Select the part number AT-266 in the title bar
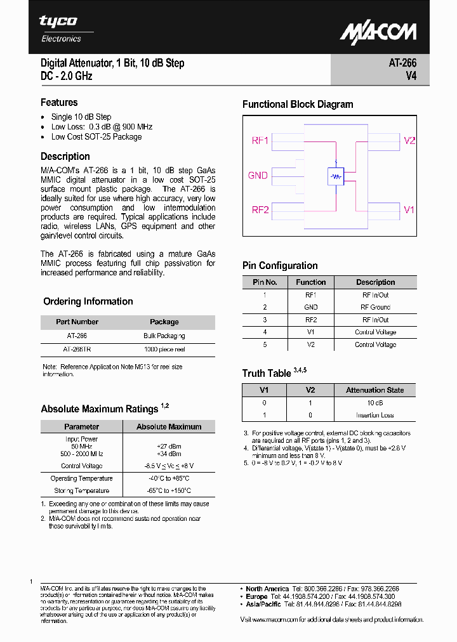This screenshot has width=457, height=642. [x=402, y=63]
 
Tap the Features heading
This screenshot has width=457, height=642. [x=59, y=102]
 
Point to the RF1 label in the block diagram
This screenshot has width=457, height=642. [x=261, y=140]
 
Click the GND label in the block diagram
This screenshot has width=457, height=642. [x=258, y=175]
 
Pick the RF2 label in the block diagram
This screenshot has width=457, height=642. [x=261, y=210]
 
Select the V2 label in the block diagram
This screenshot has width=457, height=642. [x=409, y=140]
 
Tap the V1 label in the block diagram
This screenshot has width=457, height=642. [x=409, y=210]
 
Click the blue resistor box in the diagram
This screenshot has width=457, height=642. [x=336, y=176]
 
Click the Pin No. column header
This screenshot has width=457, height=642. [x=265, y=282]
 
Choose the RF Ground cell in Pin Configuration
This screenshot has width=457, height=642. [x=375, y=307]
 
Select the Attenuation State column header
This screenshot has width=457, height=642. [x=374, y=390]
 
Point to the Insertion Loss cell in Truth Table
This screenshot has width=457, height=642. [x=374, y=415]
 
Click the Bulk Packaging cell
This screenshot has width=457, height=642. [x=164, y=336]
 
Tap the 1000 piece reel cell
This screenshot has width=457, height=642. [x=164, y=348]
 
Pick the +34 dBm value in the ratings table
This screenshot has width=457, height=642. [x=169, y=454]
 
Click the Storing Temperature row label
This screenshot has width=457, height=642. [x=81, y=490]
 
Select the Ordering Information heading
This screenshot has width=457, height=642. [x=88, y=301]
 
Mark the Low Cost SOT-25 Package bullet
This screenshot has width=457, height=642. [x=96, y=136]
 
